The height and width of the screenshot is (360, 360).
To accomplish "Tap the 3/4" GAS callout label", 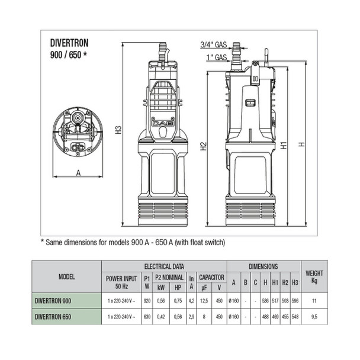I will click(x=211, y=45).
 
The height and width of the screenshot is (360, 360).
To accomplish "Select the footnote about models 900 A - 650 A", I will click(x=133, y=242).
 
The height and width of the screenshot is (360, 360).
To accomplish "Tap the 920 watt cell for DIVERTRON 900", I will click(x=146, y=301).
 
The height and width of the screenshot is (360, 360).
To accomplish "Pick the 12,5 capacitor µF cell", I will click(x=203, y=301).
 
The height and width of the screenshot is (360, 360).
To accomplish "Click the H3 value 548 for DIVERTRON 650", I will click(x=294, y=317).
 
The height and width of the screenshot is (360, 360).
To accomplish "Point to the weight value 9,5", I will click(x=314, y=317).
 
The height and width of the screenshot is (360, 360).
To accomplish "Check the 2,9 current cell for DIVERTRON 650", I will click(x=191, y=317).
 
